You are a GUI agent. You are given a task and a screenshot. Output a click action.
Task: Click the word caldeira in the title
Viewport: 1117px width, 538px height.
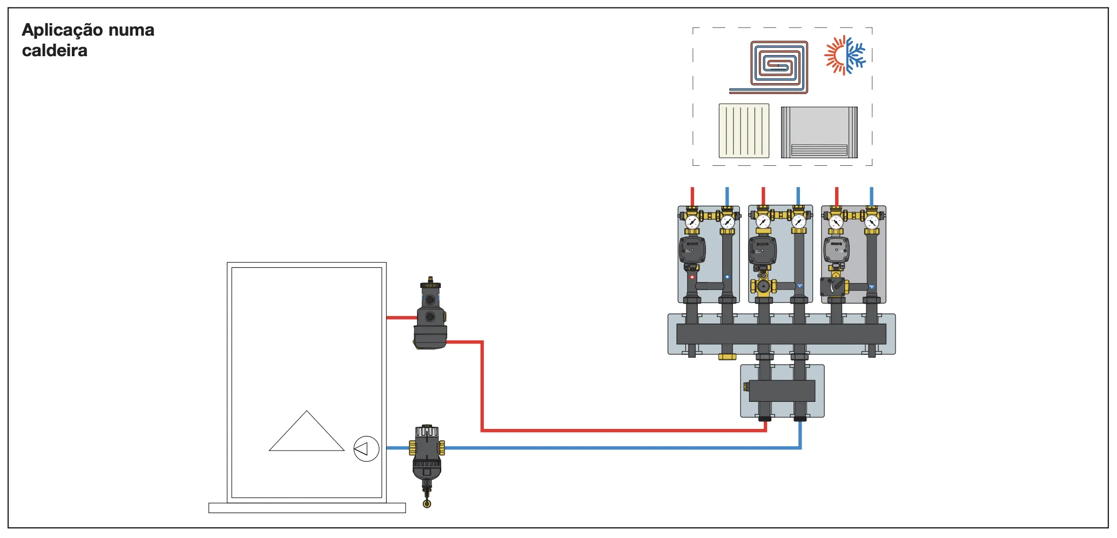55,51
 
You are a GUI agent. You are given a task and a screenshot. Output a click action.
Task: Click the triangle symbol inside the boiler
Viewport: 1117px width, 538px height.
306,435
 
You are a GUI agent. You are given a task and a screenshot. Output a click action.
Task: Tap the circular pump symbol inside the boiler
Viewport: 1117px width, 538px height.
366,448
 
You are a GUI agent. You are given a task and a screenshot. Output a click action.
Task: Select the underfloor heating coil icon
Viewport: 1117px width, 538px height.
772,66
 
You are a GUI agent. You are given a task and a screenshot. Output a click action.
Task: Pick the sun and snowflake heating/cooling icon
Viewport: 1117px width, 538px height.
844,55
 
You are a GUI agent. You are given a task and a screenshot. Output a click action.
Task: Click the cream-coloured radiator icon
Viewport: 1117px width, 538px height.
744,131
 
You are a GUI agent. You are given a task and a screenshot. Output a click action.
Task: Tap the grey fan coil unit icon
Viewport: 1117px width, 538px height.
819,132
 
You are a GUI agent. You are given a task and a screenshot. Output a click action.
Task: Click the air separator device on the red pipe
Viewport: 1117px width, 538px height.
430,316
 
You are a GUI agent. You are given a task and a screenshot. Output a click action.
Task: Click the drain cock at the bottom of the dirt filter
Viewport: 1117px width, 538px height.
427,503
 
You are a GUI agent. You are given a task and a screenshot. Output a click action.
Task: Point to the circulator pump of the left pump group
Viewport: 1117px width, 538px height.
692,250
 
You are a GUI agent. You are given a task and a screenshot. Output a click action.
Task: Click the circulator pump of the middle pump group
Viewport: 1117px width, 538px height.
762,250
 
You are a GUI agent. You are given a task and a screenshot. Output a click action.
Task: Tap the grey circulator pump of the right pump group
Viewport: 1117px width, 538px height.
836,250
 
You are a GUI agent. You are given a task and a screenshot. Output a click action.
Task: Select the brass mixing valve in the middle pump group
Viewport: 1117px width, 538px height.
763,286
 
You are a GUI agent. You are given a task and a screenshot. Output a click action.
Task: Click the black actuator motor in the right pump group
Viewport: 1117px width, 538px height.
832,286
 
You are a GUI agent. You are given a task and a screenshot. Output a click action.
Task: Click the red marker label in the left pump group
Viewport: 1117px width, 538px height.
692,277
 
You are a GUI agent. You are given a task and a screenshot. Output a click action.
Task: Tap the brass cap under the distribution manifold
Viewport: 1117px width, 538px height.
727,357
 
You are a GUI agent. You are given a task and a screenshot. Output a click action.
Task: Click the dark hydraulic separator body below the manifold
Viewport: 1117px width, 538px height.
782,391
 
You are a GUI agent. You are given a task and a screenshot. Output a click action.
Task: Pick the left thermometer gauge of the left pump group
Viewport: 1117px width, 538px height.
692,222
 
